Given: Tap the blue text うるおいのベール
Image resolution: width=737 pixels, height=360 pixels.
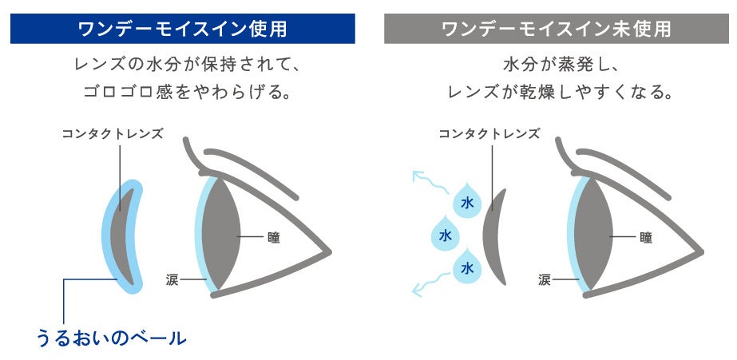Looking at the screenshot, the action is (111, 338).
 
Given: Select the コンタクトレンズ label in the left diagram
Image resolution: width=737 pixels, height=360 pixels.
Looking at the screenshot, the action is (113, 133).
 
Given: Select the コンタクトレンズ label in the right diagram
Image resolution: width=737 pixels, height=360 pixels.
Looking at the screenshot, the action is (489, 133).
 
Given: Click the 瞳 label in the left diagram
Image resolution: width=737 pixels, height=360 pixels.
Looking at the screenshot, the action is (275, 237).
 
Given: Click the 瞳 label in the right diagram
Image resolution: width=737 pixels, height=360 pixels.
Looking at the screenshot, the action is (646, 237).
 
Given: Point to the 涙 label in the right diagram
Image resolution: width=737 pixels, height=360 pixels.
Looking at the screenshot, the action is (545, 279).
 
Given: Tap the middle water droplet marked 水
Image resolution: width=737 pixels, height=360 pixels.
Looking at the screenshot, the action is (445, 236).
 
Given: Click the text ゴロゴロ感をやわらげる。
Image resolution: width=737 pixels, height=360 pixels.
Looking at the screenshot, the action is (184, 92).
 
